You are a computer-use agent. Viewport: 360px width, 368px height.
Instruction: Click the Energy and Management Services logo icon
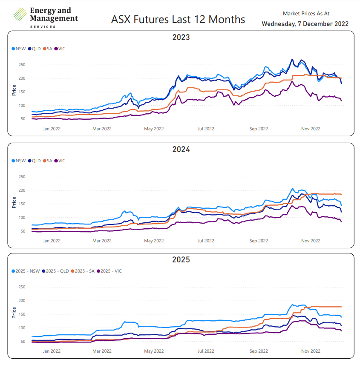[x=20, y=15]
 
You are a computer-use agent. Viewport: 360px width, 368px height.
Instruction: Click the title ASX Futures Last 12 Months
[x=178, y=20]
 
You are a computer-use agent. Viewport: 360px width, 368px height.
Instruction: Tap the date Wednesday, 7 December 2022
[x=305, y=24]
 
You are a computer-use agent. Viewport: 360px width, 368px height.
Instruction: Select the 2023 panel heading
[x=181, y=37]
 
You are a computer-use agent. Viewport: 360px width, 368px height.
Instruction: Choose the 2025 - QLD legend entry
[x=55, y=271]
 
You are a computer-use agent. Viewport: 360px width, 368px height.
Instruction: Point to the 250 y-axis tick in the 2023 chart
[x=22, y=65]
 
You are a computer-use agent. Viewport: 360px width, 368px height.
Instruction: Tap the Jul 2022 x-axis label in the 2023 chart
[x=206, y=129]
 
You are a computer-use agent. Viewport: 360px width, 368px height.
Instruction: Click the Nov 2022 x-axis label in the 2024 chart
[x=311, y=241]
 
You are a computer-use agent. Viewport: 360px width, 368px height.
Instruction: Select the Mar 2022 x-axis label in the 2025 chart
[x=101, y=351]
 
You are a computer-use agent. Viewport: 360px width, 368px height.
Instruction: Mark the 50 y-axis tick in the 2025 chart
[x=23, y=341]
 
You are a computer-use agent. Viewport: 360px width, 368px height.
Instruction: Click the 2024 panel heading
[x=181, y=149]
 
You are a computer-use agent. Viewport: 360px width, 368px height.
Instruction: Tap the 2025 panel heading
[x=181, y=260]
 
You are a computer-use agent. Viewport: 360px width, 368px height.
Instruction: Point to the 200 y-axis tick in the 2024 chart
[x=22, y=190]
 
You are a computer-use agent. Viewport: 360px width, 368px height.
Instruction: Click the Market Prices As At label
[x=306, y=14]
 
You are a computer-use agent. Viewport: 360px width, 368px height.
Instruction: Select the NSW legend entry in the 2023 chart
[x=19, y=49]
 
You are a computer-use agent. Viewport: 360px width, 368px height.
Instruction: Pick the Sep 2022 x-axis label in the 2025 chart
[x=259, y=351]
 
